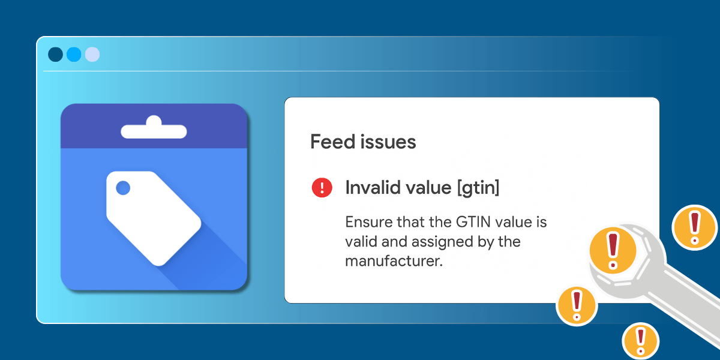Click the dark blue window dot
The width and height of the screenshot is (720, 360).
[55, 55]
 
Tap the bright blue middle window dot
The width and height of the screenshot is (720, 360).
[74, 55]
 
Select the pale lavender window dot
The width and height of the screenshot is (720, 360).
[92, 55]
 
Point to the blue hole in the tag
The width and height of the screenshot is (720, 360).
[123, 188]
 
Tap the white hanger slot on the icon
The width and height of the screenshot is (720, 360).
[154, 129]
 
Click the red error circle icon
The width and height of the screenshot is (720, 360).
[322, 188]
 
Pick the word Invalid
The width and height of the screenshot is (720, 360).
[373, 188]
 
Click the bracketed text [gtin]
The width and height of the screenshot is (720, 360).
[478, 188]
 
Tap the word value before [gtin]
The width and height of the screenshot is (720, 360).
[428, 188]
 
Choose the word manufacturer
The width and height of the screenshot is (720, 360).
[393, 262]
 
